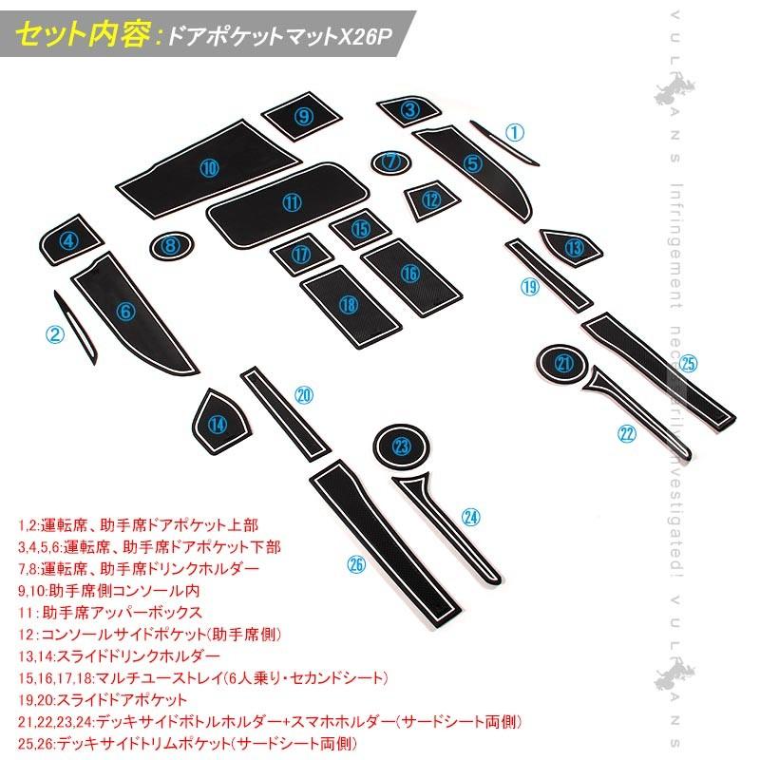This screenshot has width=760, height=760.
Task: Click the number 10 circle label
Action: (x=209, y=168)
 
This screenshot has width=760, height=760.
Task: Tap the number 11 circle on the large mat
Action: (x=291, y=201)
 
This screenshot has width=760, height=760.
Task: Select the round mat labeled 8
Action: (x=171, y=246)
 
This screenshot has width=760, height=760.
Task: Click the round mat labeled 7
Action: (x=389, y=162)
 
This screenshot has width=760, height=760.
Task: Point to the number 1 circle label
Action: (x=514, y=132)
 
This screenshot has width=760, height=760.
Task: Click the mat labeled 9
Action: (x=303, y=117)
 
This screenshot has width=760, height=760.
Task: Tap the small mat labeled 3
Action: (x=409, y=111)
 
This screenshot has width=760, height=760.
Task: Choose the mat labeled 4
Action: (x=69, y=240)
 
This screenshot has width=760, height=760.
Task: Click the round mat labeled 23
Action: (x=403, y=446)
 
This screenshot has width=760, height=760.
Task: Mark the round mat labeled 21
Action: (x=565, y=363)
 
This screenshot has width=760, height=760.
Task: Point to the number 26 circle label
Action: (x=356, y=564)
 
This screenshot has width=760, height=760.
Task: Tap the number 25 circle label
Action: (x=689, y=363)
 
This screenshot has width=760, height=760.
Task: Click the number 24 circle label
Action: (x=471, y=517)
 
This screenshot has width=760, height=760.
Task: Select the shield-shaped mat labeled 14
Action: (x=219, y=424)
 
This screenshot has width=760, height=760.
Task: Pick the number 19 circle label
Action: (x=529, y=286)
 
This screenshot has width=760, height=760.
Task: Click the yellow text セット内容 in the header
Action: (x=85, y=36)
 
